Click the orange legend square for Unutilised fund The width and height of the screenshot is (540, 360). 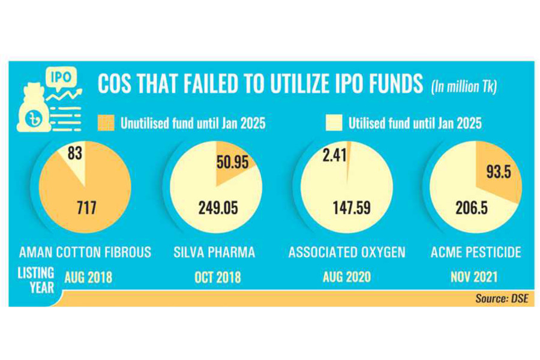[105, 124]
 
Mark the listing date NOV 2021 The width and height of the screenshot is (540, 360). [473, 278]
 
